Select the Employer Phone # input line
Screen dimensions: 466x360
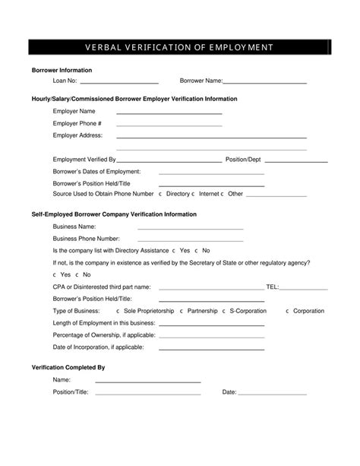click(169, 125)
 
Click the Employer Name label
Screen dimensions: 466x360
click(74, 112)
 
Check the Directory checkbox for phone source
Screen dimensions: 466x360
click(161, 194)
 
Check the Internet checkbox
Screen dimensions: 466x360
click(194, 194)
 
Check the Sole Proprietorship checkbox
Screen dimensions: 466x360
click(117, 311)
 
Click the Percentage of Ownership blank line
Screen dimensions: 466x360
click(211, 336)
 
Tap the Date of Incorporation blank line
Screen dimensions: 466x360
click(211, 348)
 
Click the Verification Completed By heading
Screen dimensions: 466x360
click(68, 366)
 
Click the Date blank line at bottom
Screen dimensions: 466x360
click(273, 393)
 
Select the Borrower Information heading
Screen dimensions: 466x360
click(62, 69)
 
